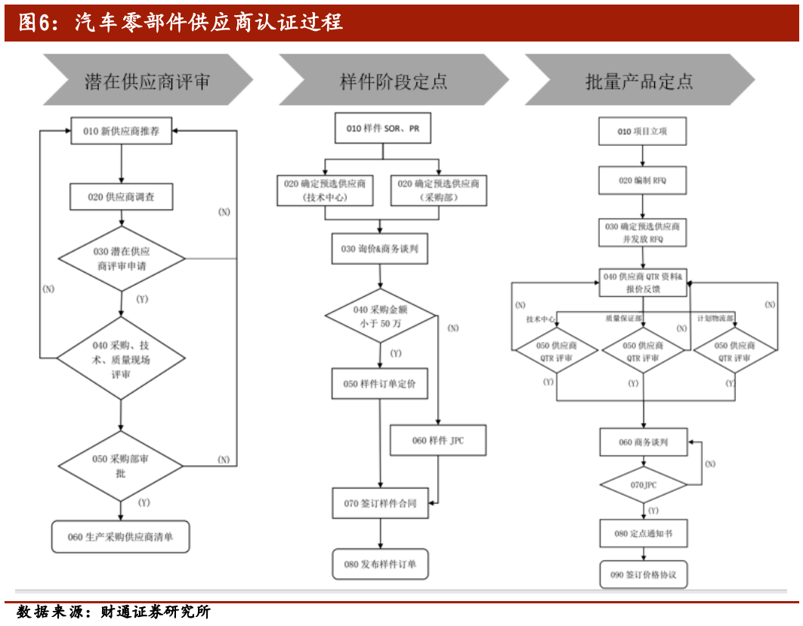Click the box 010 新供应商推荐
point(121,131)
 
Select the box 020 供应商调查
point(121,196)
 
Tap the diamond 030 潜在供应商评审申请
point(122,259)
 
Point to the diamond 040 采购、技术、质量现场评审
point(121,359)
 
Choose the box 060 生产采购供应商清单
point(120,537)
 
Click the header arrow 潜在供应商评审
point(147,80)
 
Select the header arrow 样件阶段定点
point(393,80)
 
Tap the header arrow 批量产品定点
point(639,80)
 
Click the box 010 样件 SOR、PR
point(382,128)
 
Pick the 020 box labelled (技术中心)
point(325,190)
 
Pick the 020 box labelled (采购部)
point(438,190)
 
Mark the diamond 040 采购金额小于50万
point(381,316)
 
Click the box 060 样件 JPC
point(438,440)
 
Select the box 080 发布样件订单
point(380,563)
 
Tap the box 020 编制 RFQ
point(643,180)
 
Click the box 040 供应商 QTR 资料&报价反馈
point(643,282)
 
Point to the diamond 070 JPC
point(643,485)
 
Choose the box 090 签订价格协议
point(643,575)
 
